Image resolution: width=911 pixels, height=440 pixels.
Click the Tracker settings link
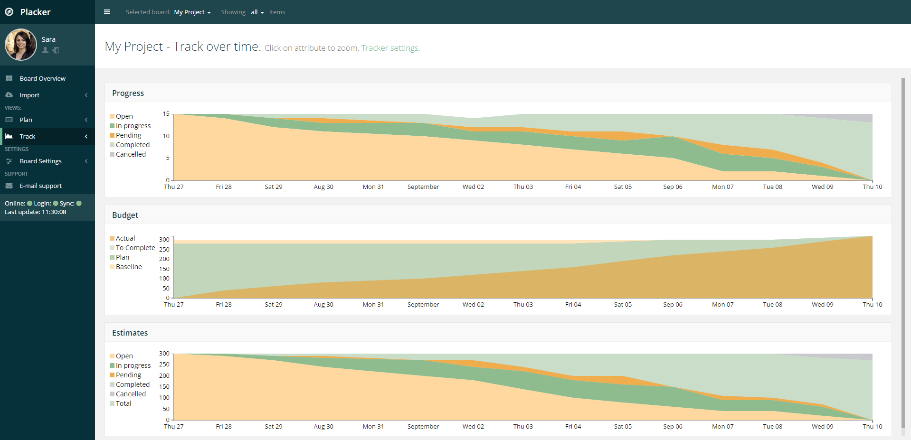[390, 48]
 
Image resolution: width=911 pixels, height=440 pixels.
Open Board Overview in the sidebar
[42, 78]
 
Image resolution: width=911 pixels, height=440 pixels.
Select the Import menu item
[29, 95]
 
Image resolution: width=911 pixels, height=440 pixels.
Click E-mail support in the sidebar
[40, 186]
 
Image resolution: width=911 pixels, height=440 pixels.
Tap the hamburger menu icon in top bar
[107, 12]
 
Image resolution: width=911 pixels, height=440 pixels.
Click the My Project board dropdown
[192, 12]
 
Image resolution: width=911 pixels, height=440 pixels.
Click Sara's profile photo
[21, 45]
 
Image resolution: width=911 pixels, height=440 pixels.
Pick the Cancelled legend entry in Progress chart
[131, 154]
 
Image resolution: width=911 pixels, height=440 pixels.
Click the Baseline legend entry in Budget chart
[129, 267]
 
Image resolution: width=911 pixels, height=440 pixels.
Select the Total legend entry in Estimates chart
[123, 403]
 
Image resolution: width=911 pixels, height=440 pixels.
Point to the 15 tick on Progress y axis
[166, 114]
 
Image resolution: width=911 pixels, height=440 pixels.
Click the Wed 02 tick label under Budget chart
[473, 304]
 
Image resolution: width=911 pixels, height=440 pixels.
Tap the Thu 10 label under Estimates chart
[872, 426]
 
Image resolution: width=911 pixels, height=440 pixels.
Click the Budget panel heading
[125, 215]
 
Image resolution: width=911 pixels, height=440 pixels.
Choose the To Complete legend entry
[135, 248]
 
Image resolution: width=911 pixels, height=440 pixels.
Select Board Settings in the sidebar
[40, 161]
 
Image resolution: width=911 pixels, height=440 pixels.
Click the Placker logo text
[35, 12]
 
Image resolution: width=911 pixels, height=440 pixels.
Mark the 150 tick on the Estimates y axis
[164, 387]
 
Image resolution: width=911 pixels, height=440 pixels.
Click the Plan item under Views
[26, 120]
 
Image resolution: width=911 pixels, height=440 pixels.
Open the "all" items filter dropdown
[257, 12]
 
